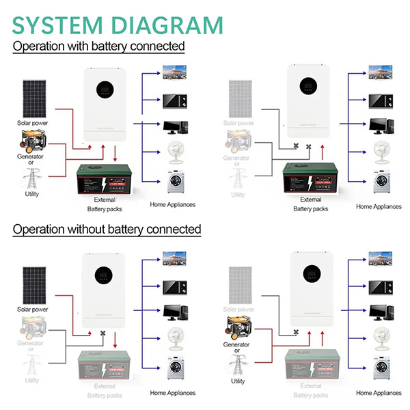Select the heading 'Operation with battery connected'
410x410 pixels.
point(99,46)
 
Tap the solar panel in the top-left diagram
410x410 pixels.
point(31,98)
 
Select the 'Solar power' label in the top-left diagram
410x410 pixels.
point(31,123)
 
